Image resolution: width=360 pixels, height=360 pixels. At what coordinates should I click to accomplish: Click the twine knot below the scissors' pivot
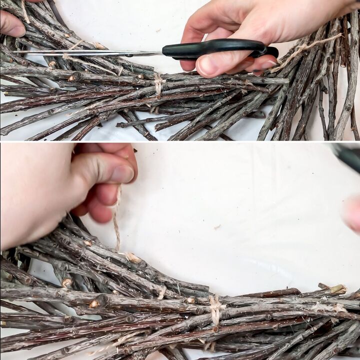pyautogui.click(x=158, y=82)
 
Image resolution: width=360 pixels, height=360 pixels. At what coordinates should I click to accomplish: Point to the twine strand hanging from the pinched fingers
pyautogui.click(x=116, y=220)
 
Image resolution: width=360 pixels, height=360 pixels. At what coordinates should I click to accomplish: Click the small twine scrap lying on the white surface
pyautogui.click(x=217, y=227)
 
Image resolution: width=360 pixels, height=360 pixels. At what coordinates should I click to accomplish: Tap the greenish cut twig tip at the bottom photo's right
pyautogui.click(x=338, y=289)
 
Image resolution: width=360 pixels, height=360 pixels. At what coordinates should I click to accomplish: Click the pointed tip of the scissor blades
pyautogui.click(x=15, y=51)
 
